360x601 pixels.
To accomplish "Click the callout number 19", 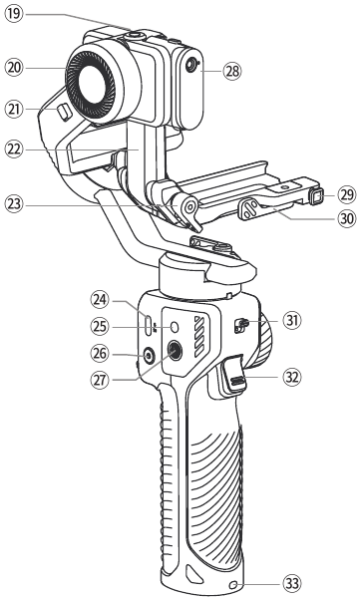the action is pos(14,14).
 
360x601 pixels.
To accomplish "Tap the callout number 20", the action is pos(14,68).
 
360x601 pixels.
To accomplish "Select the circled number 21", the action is pos(14,110).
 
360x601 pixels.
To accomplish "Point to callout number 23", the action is pos(14,204).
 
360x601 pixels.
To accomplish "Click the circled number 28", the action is pos(232,71).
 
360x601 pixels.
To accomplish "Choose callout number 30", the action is pos(347,219).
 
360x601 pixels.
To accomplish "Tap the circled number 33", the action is pos(292,584).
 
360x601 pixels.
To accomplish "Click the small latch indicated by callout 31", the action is pos(240,326).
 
